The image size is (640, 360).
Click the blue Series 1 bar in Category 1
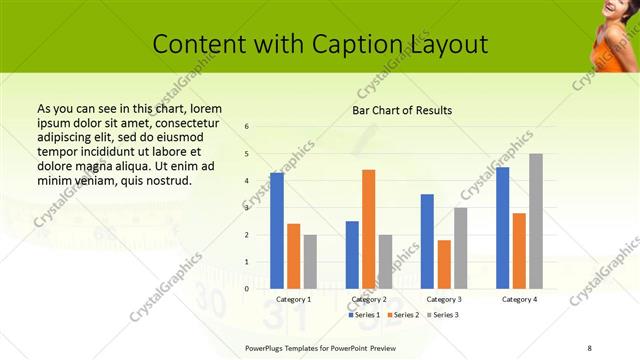277,231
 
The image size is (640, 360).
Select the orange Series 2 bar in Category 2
369,229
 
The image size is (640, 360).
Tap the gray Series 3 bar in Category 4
536,221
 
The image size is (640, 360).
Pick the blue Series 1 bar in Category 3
427,241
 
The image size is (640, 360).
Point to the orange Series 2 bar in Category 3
444,264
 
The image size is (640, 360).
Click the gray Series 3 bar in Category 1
310,262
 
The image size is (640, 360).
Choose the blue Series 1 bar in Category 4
502,228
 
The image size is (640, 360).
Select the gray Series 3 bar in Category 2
386,262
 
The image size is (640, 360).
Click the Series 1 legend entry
365,315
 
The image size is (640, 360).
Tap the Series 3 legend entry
444,315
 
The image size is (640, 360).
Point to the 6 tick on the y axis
247,126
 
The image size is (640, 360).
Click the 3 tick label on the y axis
247,208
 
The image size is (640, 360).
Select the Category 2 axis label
369,299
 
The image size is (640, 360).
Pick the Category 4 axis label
519,299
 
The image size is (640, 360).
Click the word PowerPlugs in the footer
267,346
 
